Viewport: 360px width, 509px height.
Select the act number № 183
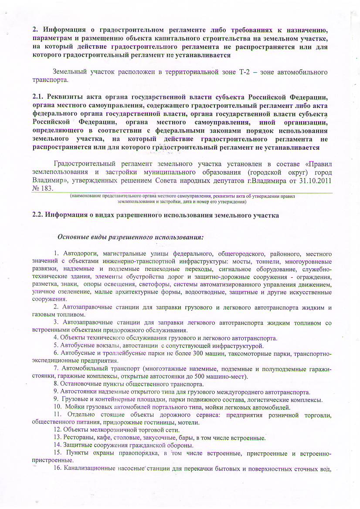(43, 189)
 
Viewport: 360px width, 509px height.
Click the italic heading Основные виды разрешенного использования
(130, 238)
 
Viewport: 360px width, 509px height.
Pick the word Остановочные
(82, 384)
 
